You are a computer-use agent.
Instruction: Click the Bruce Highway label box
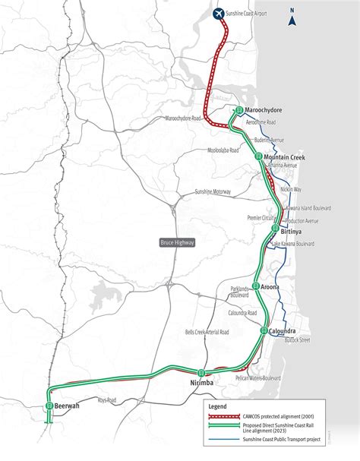tap(177, 242)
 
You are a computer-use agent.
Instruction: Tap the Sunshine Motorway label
tap(213, 192)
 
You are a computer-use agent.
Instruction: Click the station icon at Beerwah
tap(48, 406)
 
